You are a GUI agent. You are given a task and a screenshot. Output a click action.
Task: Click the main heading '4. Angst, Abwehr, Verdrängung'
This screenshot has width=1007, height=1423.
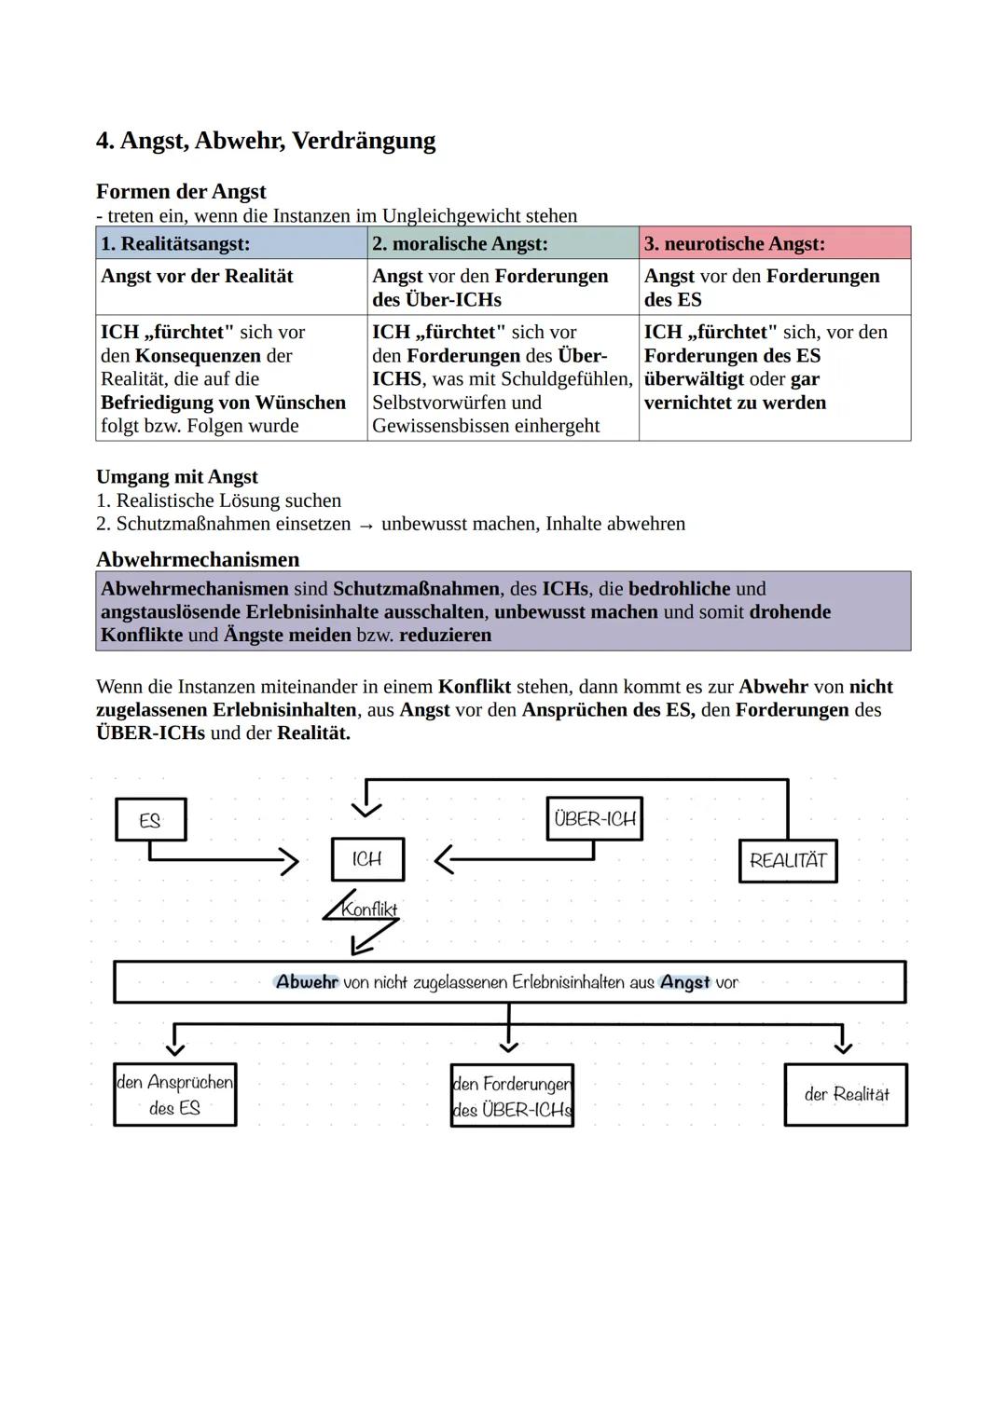(266, 141)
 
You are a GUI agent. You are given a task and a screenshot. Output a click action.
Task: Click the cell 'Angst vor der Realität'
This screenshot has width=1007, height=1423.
(197, 277)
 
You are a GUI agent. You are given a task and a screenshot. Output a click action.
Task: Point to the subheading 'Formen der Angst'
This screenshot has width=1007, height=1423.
(181, 192)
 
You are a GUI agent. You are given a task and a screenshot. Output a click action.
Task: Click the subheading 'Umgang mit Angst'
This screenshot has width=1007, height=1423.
(177, 477)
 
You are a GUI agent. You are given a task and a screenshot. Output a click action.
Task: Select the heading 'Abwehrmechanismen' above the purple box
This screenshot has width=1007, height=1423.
(198, 560)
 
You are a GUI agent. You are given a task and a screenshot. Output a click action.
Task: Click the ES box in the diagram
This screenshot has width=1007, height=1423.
(150, 820)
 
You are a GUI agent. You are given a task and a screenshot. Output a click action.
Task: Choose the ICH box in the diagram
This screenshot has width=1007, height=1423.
(367, 859)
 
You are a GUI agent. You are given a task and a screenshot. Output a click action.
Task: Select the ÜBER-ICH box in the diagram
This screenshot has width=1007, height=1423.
(594, 819)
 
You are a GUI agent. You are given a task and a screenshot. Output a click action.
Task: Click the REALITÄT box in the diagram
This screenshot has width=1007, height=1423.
(788, 861)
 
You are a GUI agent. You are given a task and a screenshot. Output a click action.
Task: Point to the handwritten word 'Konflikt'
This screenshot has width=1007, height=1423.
(369, 909)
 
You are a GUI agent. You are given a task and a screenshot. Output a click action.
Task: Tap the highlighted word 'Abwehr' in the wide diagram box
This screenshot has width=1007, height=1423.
(307, 982)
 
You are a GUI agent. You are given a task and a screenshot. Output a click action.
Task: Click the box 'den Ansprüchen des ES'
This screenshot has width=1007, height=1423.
(175, 1095)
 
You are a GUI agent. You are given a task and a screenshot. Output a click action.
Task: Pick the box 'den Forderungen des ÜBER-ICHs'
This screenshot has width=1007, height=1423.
(512, 1097)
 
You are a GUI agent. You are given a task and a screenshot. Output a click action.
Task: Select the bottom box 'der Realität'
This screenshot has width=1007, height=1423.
(846, 1095)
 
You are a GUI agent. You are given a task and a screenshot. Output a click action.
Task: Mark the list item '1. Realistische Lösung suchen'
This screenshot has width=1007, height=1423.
(218, 500)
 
